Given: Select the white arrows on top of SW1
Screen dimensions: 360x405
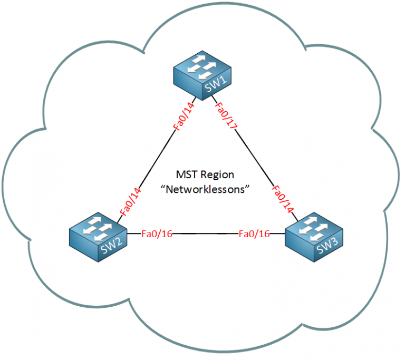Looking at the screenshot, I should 203,67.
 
